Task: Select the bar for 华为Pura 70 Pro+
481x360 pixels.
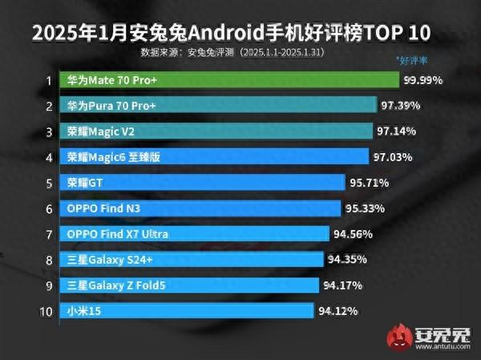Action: (220, 106)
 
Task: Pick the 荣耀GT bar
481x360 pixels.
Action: (204, 182)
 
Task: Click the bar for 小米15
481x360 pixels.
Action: (188, 310)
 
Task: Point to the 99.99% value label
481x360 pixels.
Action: (424, 81)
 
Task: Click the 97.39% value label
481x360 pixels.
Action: (400, 106)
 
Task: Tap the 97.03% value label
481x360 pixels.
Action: (393, 157)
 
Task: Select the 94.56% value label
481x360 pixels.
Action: (354, 234)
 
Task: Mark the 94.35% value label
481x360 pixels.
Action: (349, 259)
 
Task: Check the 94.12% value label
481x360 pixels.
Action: (338, 310)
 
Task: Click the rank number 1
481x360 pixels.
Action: (48, 80)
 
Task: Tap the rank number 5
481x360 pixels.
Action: (48, 183)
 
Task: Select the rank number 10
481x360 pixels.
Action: (46, 310)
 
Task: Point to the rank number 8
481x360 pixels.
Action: (48, 259)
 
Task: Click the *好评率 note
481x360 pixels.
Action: (414, 59)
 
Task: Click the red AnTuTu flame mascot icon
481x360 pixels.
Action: (399, 336)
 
